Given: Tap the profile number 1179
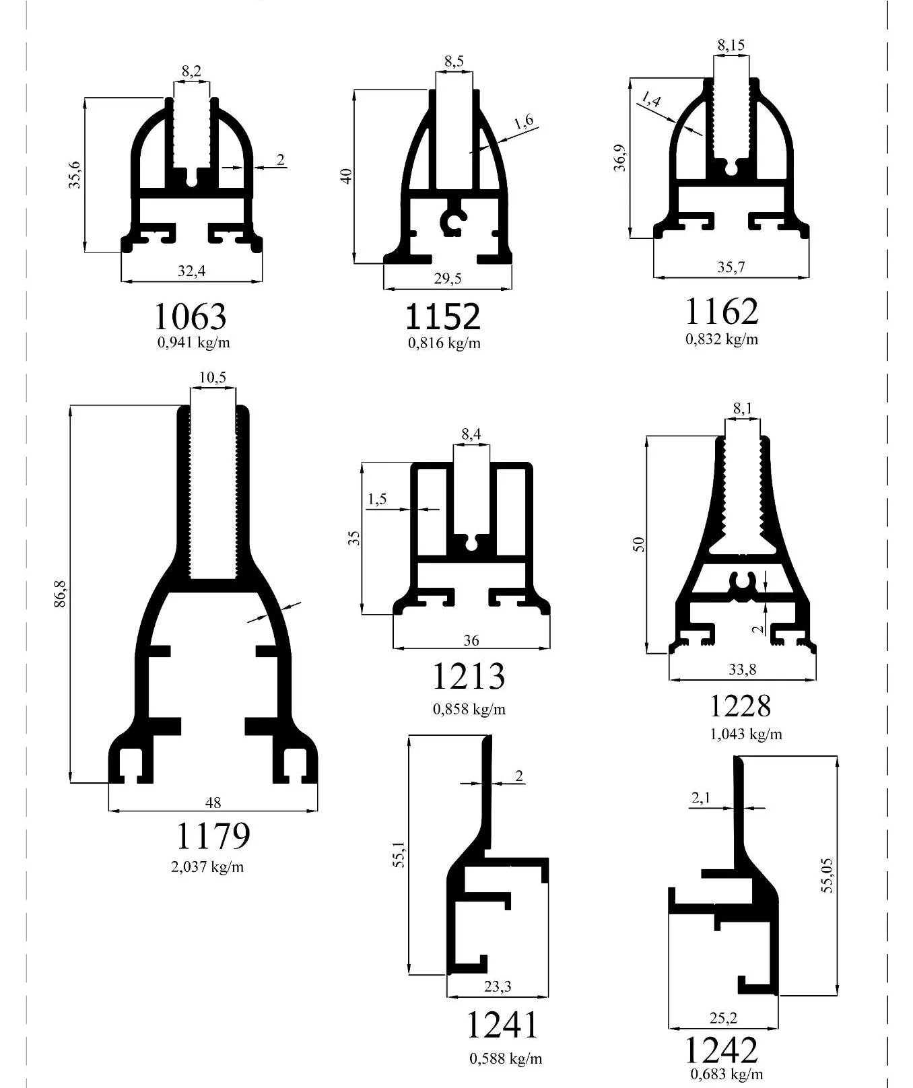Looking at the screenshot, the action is click(213, 836).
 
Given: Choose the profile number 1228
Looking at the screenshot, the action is click(740, 706).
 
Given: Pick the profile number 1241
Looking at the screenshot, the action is click(502, 1025).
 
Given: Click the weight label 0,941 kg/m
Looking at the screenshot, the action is click(194, 343).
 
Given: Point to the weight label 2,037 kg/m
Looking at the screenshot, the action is click(207, 866).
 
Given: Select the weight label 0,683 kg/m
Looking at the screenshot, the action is click(727, 1074).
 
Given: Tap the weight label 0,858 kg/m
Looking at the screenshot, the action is click(469, 709).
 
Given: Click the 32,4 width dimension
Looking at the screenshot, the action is click(191, 271).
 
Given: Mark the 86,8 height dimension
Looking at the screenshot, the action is click(61, 593).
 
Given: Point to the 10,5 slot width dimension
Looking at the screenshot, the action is click(213, 378).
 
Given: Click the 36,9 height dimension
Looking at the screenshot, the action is click(620, 158).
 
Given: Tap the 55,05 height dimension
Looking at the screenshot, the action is click(827, 875).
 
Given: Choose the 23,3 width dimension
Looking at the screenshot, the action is click(498, 986).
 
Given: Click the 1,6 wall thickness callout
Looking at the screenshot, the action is click(523, 122).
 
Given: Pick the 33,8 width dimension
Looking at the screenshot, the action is click(742, 669).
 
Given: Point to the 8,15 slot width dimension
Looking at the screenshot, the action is click(731, 45).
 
